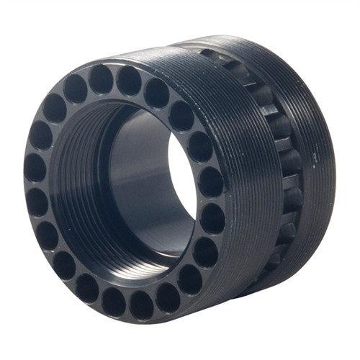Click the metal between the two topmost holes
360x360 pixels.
115,78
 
